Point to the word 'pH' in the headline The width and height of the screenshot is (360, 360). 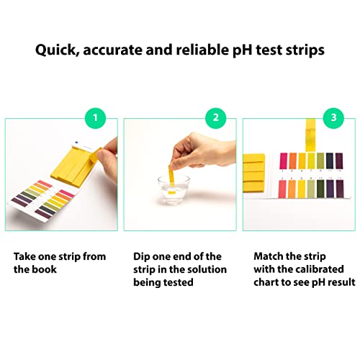pyautogui.click(x=242, y=51)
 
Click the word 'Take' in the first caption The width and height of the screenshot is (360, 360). pyautogui.click(x=27, y=256)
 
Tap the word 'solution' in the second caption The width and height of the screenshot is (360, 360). pyautogui.click(x=204, y=269)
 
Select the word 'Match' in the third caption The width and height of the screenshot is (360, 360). pyautogui.click(x=269, y=256)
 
